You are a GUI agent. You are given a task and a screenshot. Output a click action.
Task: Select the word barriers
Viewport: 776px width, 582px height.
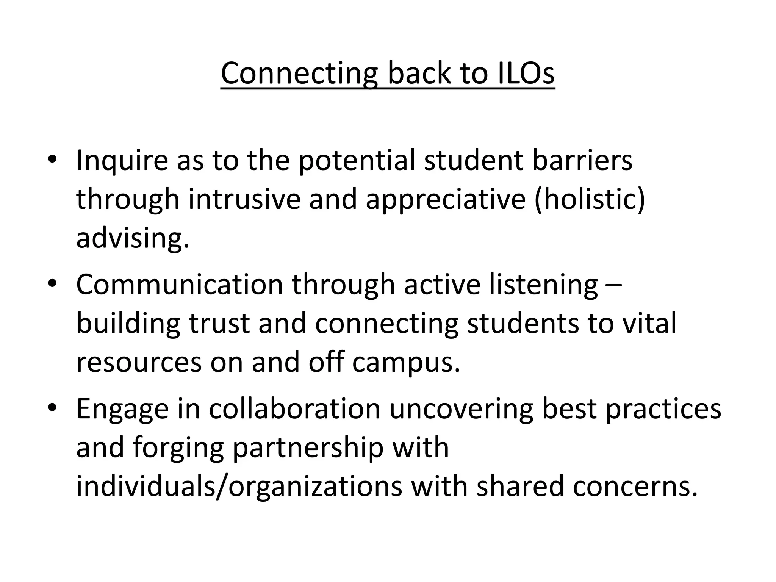click(582, 160)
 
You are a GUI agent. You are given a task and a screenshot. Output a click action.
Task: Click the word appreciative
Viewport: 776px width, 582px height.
click(446, 200)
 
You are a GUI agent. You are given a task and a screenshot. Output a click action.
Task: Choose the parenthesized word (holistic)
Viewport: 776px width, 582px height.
click(590, 199)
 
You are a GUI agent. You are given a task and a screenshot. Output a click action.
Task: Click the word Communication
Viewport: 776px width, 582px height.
click(180, 284)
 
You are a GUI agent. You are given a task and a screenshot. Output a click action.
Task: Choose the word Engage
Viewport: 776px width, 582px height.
click(122, 409)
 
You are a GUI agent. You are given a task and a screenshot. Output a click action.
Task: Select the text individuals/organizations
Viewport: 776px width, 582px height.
click(239, 487)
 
